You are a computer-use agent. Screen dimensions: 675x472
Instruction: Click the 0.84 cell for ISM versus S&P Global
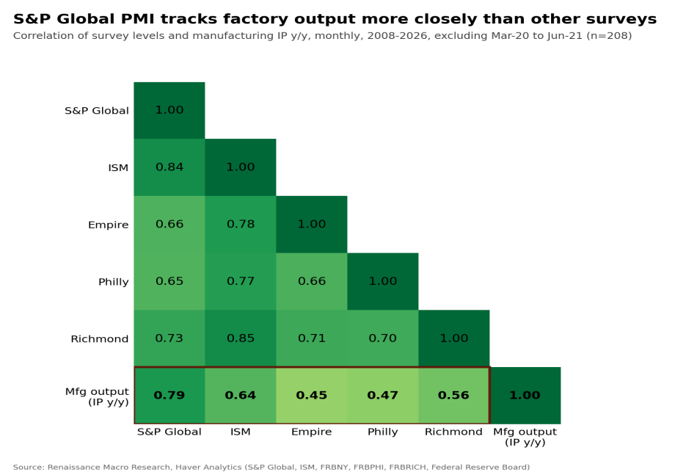pyautogui.click(x=169, y=167)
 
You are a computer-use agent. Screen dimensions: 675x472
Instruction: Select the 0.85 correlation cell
pyautogui.click(x=240, y=338)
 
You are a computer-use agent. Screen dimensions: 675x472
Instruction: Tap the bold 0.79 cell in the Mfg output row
pyautogui.click(x=169, y=396)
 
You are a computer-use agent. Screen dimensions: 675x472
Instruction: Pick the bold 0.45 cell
pyautogui.click(x=312, y=396)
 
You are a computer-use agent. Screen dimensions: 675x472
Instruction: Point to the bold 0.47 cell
pyautogui.click(x=383, y=396)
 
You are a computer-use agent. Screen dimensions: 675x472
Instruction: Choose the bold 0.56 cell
pyautogui.click(x=453, y=396)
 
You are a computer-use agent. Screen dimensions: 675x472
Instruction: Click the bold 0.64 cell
pyautogui.click(x=240, y=396)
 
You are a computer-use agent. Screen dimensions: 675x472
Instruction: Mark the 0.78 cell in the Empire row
pyautogui.click(x=240, y=225)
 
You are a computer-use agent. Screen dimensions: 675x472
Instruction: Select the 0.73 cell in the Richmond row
pyautogui.click(x=169, y=338)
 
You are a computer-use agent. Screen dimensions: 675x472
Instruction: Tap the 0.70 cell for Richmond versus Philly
pyautogui.click(x=383, y=338)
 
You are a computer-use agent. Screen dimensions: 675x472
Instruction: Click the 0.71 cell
pyautogui.click(x=312, y=338)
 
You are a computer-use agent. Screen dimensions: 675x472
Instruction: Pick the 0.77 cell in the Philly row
pyautogui.click(x=240, y=281)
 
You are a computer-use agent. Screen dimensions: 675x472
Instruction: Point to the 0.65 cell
pyautogui.click(x=169, y=281)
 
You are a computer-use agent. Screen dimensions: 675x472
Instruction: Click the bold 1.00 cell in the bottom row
pyautogui.click(x=525, y=396)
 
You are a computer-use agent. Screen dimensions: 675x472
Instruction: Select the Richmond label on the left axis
pyautogui.click(x=100, y=339)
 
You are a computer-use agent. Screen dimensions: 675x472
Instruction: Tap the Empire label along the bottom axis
pyautogui.click(x=311, y=432)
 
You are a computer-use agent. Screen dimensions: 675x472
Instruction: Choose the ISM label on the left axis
pyautogui.click(x=118, y=167)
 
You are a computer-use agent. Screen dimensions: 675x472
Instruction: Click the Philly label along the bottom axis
pyautogui.click(x=383, y=432)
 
